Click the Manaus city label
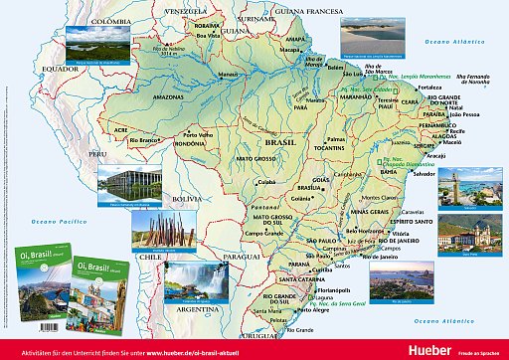[x=228, y=75]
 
